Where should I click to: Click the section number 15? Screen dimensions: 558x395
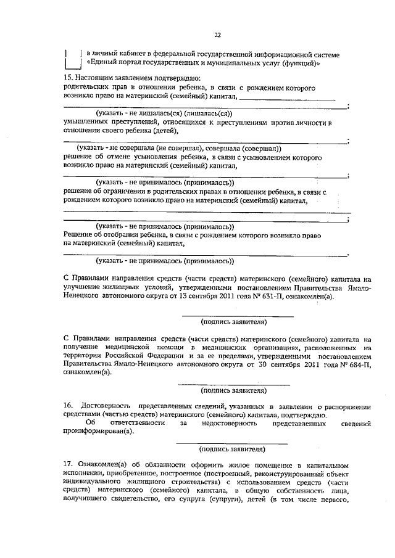(68, 78)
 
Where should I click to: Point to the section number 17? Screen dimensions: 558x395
(69, 464)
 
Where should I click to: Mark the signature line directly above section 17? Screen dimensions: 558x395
(232, 443)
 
